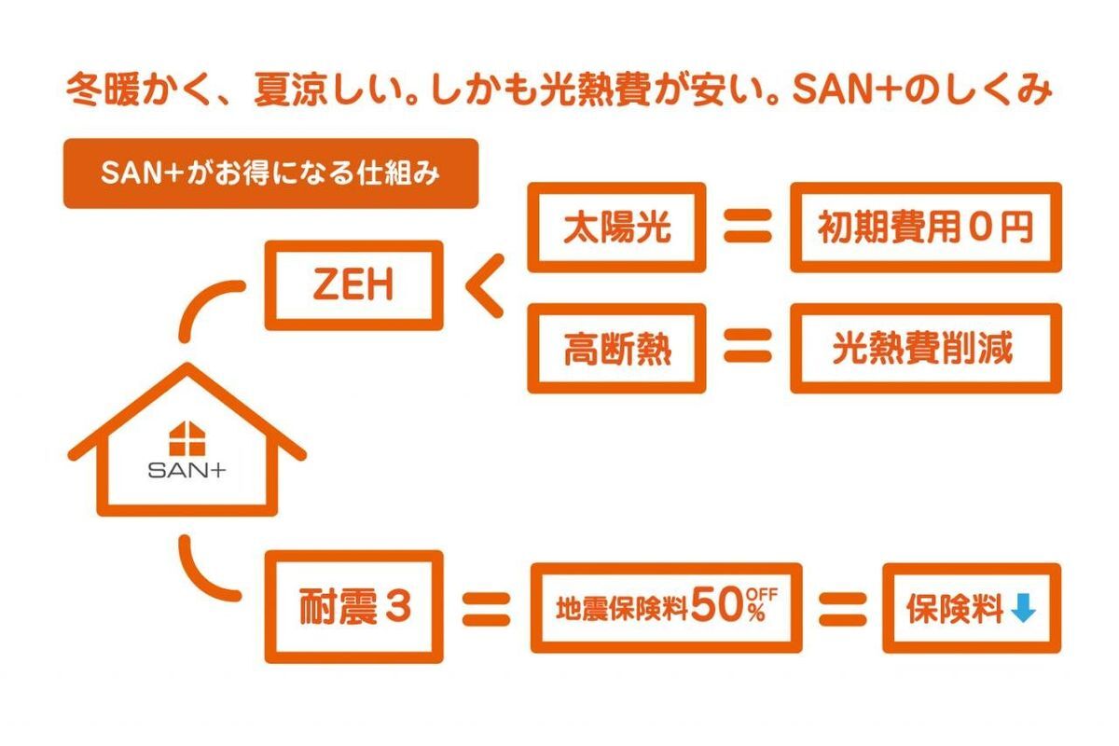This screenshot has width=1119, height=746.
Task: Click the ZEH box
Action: click(x=353, y=284)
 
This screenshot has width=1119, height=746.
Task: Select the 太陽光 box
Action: click(x=616, y=228)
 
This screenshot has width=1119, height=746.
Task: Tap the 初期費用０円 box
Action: click(x=925, y=228)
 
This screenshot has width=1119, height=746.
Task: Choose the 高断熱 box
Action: click(x=616, y=349)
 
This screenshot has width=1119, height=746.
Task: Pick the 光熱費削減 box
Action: click(x=925, y=349)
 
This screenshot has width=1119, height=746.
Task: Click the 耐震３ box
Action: click(x=353, y=607)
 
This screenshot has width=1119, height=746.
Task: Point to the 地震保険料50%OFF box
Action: click(x=666, y=608)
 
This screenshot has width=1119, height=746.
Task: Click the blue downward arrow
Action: click(x=1024, y=609)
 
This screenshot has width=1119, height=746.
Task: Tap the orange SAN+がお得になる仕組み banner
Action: click(x=270, y=173)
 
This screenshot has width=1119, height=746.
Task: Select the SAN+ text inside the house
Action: click(x=186, y=471)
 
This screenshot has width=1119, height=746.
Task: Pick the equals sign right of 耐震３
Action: click(x=486, y=608)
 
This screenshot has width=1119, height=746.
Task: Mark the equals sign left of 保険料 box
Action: click(x=842, y=608)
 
